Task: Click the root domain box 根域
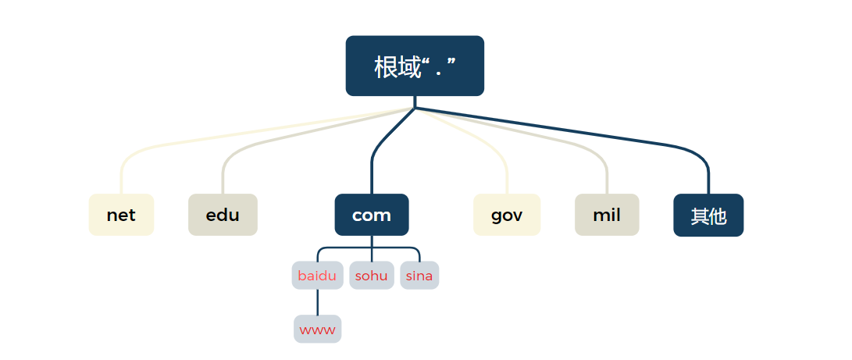(415, 66)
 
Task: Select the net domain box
(121, 215)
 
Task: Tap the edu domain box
(223, 215)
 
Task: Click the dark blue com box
(372, 215)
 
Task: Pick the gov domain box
(507, 215)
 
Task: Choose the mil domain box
(607, 215)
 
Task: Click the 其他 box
(708, 216)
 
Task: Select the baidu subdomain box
(317, 276)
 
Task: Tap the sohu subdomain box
(372, 276)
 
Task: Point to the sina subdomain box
(419, 276)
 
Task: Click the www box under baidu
(317, 329)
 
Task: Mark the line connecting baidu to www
(317, 302)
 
